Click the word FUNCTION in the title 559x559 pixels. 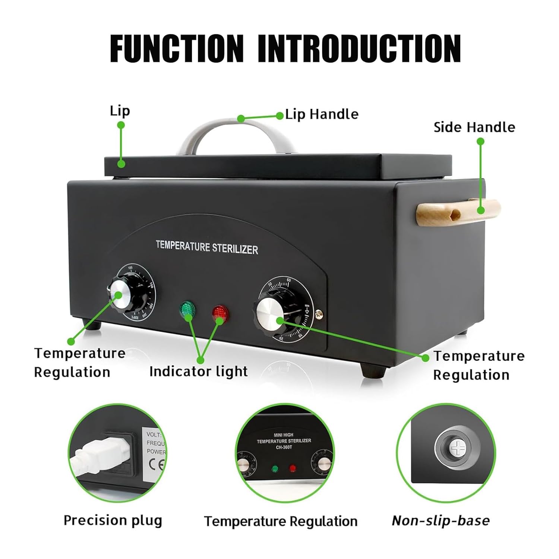point(177,48)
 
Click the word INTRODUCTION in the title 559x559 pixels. point(359,48)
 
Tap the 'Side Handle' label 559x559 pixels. point(474,127)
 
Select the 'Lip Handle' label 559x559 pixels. point(322,114)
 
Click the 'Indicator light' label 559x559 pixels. point(198,371)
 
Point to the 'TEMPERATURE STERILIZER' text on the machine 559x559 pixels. point(206,247)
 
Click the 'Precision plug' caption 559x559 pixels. point(113,520)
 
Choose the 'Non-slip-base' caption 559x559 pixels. point(440,520)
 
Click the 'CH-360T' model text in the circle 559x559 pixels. point(284,447)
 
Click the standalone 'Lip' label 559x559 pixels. point(120,111)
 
